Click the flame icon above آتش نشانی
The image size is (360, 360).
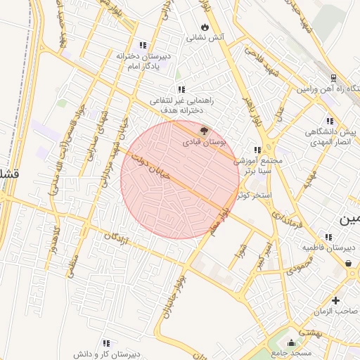(204, 27)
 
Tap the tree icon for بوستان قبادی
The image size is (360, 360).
(205, 130)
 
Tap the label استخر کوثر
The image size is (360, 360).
(254, 193)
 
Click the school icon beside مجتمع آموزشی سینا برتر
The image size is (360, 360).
(257, 149)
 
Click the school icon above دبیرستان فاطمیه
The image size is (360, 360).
(328, 237)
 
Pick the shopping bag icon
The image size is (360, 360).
(349, 264)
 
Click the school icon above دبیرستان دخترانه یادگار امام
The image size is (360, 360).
(143, 44)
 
